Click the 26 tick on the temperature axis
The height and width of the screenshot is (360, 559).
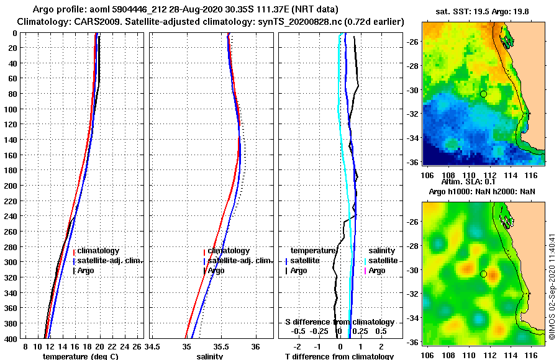pyautogui.click(x=137, y=346)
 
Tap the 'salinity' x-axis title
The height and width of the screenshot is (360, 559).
pyautogui.click(x=209, y=356)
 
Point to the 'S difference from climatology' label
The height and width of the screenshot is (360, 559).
pyautogui.click(x=340, y=322)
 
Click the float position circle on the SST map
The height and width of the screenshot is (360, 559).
pyautogui.click(x=483, y=94)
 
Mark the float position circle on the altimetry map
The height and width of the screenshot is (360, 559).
pyautogui.click(x=483, y=274)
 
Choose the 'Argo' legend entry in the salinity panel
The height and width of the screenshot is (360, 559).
pyautogui.click(x=216, y=271)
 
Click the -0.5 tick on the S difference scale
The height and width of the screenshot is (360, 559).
pyautogui.click(x=299, y=331)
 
